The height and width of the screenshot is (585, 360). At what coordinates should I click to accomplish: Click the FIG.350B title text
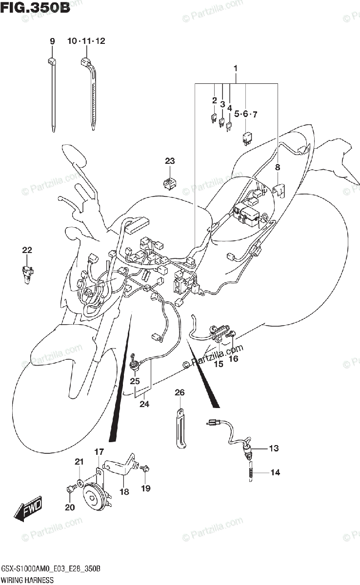(x=35, y=8)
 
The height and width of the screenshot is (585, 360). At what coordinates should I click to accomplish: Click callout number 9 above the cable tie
(x=52, y=42)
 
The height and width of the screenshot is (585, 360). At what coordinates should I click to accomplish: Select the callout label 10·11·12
(x=86, y=42)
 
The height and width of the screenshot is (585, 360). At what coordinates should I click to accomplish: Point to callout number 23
(x=169, y=161)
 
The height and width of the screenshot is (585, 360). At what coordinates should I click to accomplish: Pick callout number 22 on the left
(x=27, y=250)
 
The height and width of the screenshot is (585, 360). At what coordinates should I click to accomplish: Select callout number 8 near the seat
(x=277, y=168)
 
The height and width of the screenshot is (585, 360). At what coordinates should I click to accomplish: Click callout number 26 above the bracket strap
(x=180, y=392)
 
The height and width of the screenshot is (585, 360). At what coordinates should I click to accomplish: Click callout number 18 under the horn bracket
(x=124, y=492)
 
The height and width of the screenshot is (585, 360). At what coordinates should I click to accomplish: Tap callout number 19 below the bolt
(x=146, y=488)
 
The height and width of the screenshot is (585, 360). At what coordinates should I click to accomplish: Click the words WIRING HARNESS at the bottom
(x=27, y=580)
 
